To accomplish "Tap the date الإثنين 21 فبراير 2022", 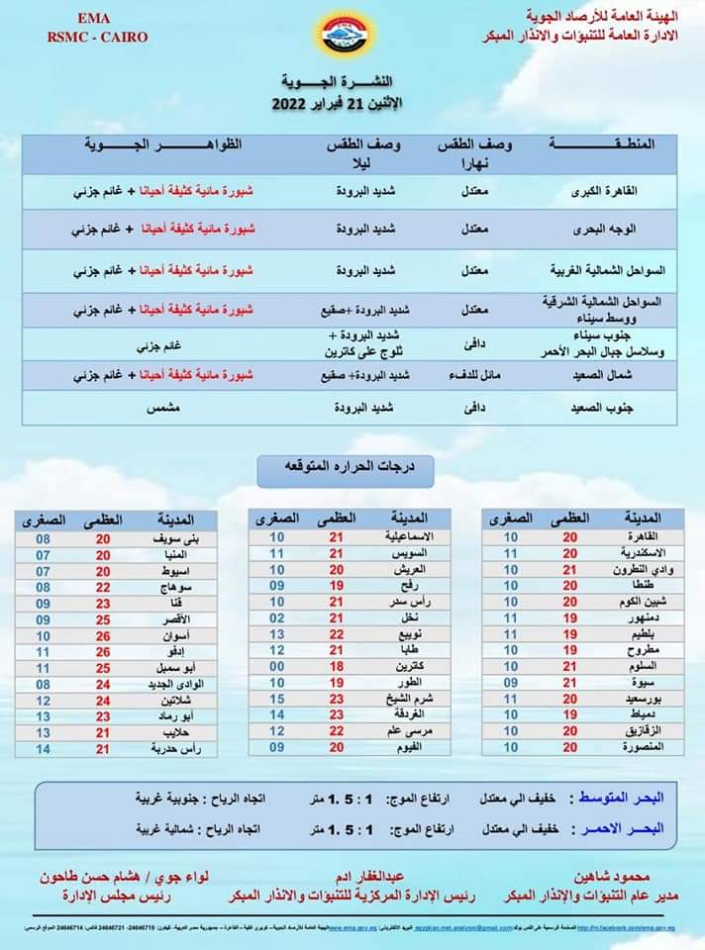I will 352,103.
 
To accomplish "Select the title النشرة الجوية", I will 352,82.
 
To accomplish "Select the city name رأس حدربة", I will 172,749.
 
